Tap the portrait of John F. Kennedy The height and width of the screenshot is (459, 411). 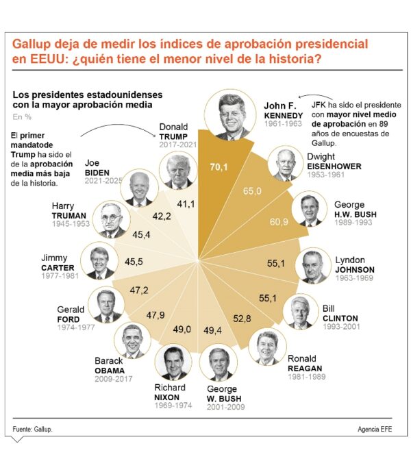(229, 115)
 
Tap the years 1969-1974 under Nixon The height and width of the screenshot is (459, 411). (173, 405)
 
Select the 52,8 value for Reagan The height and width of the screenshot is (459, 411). (243, 319)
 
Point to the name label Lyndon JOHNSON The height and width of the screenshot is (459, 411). (355, 264)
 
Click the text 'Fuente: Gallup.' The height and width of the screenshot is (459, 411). (32, 429)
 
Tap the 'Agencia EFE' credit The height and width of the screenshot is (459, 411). (375, 429)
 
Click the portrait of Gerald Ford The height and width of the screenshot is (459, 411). (107, 306)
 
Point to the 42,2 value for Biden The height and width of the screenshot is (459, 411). (162, 216)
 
